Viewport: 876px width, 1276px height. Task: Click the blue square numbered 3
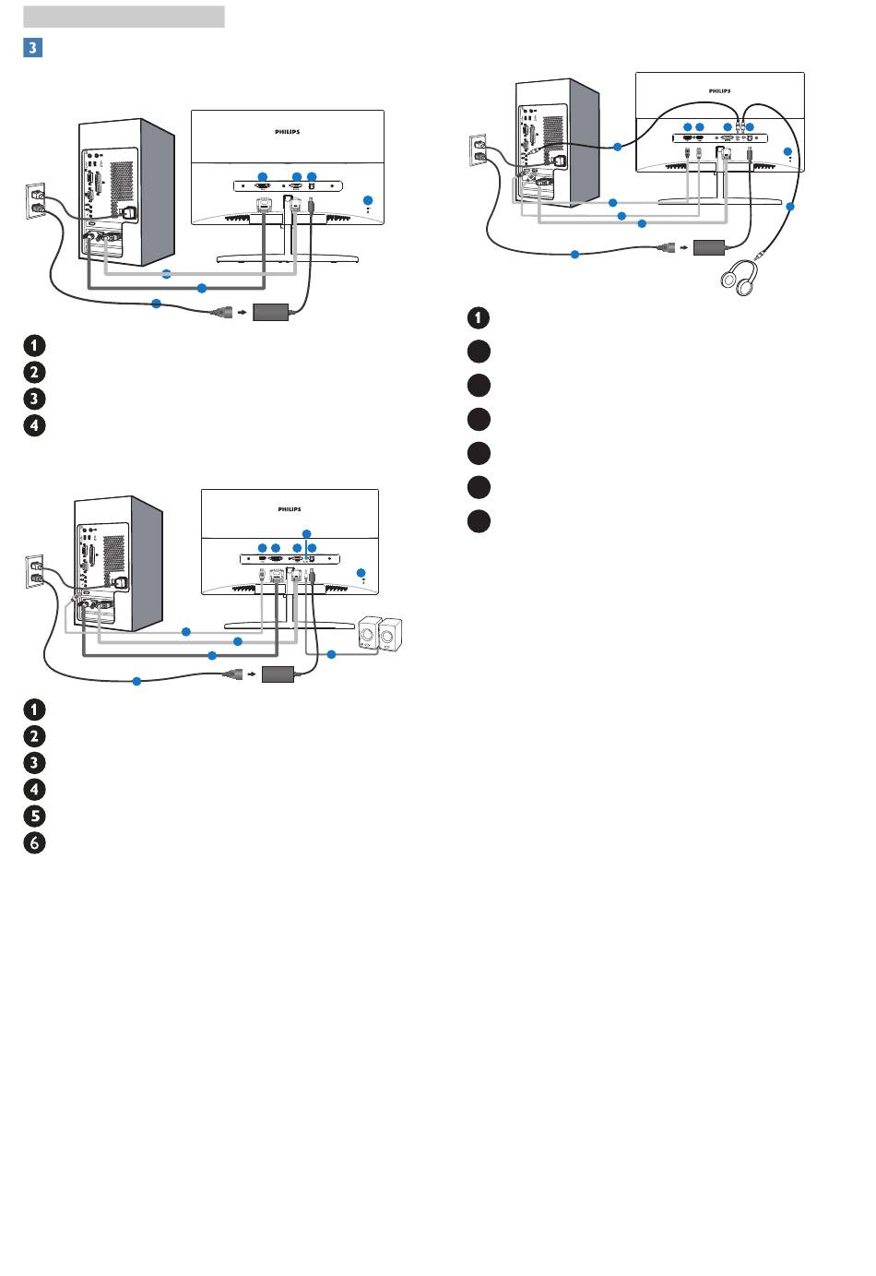tap(32, 47)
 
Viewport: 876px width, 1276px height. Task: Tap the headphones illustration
tap(739, 278)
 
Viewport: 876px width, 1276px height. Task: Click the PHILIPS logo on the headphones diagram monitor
tap(719, 90)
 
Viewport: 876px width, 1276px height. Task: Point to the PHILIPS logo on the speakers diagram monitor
tap(290, 509)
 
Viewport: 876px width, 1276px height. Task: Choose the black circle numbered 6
tap(35, 842)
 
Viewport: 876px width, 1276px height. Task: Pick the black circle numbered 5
tap(35, 816)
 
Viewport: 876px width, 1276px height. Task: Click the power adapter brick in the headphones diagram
tap(709, 248)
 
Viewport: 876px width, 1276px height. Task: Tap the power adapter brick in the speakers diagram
tap(278, 674)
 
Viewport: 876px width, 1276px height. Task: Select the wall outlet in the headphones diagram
tap(477, 149)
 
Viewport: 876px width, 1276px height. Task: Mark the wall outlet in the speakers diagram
tap(33, 572)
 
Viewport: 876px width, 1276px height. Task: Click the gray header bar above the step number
tap(124, 17)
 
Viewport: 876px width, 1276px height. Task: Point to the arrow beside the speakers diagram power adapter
tap(252, 674)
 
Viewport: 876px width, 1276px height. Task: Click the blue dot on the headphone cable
tap(790, 207)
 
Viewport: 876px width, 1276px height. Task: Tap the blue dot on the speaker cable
tap(331, 654)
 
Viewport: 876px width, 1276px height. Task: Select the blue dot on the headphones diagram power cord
tap(574, 254)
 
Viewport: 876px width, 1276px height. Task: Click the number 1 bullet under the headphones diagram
tap(479, 317)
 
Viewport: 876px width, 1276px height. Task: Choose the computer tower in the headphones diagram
tap(557, 142)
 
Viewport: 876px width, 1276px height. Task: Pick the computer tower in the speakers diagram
tap(118, 564)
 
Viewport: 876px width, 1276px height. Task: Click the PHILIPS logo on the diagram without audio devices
tap(287, 132)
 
